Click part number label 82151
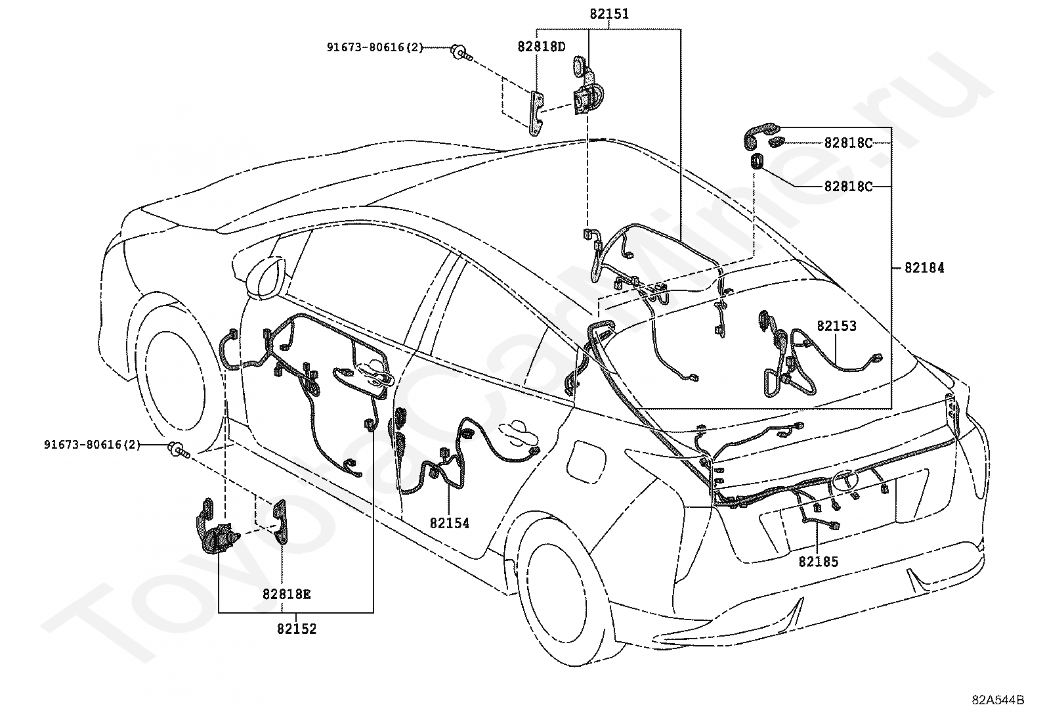point(609,14)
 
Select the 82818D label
point(541,46)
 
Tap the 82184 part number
point(924,267)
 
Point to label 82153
point(836,326)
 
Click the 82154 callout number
point(449,523)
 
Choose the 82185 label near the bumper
point(819,561)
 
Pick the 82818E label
point(286,594)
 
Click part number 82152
point(297,629)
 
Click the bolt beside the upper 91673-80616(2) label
point(461,52)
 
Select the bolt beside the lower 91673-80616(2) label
point(179,449)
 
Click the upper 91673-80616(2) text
point(375,47)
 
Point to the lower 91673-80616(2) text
point(92,444)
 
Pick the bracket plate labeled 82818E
point(280,522)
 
